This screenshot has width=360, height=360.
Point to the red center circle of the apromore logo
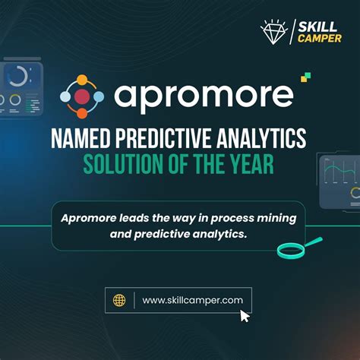pos(83,96)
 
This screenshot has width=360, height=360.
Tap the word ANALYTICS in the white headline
pos(263,140)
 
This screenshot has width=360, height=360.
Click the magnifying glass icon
pos(292,248)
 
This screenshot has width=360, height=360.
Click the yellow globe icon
pos(119,300)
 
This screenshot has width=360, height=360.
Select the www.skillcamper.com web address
pos(192,300)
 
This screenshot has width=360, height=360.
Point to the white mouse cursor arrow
pos(245,315)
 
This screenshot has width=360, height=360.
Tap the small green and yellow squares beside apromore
pos(306,76)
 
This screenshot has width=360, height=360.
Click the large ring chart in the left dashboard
pos(17,76)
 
